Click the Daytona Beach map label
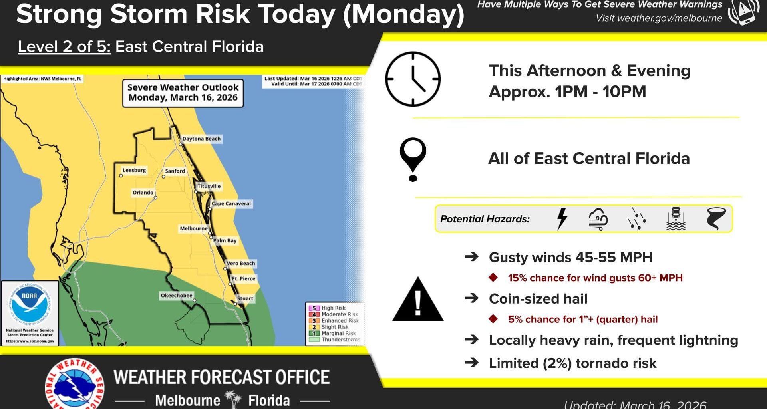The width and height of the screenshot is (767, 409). [201, 139]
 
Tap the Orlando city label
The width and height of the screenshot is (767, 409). [143, 192]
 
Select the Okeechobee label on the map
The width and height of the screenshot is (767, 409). [177, 295]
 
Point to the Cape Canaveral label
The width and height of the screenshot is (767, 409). [231, 203]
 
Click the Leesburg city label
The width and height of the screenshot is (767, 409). [134, 170]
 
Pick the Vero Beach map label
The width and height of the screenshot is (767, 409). [240, 263]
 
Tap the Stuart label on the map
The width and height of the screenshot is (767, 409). [245, 298]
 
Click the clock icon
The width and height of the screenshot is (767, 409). [413, 79]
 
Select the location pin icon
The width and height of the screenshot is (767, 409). [413, 159]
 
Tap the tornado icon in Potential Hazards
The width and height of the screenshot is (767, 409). [716, 218]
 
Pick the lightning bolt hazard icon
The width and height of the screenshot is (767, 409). [562, 218]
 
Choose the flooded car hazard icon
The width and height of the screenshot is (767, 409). [676, 218]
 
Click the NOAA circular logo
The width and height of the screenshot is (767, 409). [29, 304]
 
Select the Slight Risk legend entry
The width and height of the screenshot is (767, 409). [334, 327]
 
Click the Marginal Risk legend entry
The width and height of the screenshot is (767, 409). [338, 333]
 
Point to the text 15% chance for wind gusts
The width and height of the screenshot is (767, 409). [595, 278]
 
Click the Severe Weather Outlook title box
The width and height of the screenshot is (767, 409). [183, 93]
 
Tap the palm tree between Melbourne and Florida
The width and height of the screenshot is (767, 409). [234, 399]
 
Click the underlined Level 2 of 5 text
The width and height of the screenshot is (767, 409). [64, 47]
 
